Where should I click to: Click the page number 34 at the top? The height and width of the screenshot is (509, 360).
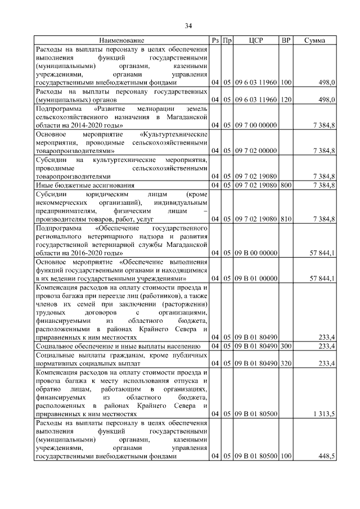pos(188,25)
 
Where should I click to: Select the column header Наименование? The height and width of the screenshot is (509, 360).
pos(122,40)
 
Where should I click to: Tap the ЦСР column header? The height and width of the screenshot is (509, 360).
pos(255,40)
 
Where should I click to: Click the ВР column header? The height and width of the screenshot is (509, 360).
pos(286,40)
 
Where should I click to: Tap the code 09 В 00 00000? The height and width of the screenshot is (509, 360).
pos(255,254)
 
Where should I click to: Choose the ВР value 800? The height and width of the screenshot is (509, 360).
pos(286,184)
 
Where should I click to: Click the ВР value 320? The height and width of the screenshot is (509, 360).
pos(286,363)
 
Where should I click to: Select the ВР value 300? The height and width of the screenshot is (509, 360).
pos(286,346)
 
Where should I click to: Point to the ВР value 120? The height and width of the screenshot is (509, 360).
pos(286,100)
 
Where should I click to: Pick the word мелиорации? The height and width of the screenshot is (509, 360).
pos(154,109)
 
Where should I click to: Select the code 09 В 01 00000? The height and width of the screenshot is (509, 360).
pos(255,278)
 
